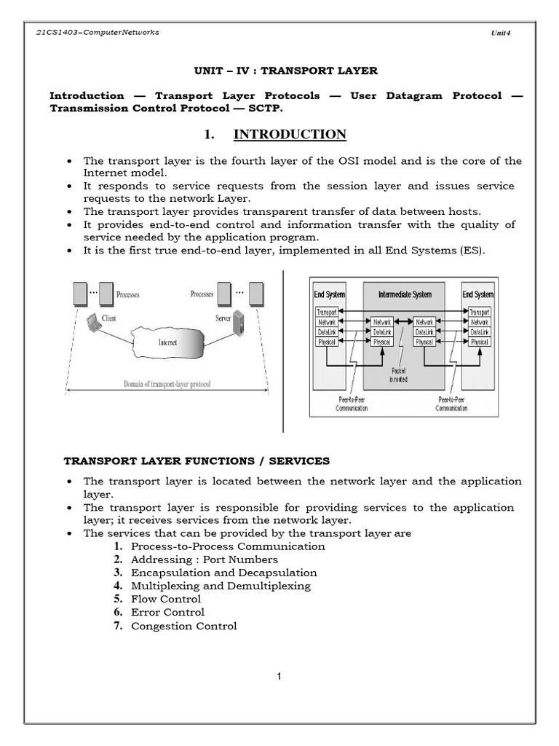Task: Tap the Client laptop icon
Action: click(93, 323)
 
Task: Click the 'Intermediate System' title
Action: click(405, 294)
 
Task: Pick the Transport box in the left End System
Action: click(327, 311)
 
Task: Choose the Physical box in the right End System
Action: click(479, 342)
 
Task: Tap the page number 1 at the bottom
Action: click(279, 676)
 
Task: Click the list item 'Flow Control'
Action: click(165, 599)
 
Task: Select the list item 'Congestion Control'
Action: click(183, 626)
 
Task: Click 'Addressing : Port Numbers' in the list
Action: click(204, 559)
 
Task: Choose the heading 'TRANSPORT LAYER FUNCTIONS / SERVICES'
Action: click(197, 460)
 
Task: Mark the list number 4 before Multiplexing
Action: click(117, 586)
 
